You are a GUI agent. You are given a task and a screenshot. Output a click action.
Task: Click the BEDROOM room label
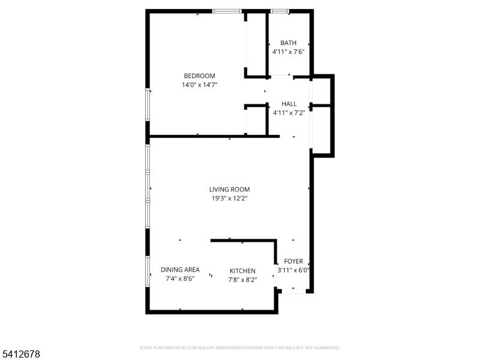click(x=199, y=76)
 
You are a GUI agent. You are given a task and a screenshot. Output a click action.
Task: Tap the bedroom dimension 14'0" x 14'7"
click(x=199, y=85)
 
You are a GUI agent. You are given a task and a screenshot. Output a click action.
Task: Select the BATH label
click(x=289, y=43)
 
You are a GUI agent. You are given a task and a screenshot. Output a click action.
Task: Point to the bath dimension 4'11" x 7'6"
click(x=289, y=52)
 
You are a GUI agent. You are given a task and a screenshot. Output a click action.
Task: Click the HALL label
click(x=289, y=104)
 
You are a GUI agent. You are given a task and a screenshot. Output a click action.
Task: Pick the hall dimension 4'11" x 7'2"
click(x=289, y=113)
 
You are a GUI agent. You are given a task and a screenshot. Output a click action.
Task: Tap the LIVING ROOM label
click(x=229, y=190)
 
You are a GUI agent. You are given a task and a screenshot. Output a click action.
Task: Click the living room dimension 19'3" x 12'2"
click(x=229, y=199)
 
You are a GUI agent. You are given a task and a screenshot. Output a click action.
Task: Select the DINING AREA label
click(x=180, y=270)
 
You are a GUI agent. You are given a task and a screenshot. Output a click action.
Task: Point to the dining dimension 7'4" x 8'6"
click(x=180, y=279)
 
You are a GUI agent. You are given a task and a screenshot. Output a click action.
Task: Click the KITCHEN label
click(x=242, y=271)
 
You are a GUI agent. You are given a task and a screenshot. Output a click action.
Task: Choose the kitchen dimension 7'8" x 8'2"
click(x=242, y=280)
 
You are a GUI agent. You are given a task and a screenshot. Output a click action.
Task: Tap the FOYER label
click(x=293, y=262)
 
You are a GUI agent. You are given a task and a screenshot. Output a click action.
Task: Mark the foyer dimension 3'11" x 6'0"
click(x=293, y=271)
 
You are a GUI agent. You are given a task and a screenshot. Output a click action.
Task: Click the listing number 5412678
click(x=21, y=355)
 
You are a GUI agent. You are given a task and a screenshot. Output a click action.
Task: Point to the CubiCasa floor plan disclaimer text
click(x=240, y=347)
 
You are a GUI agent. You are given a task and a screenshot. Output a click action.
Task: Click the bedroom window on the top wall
click(x=227, y=11)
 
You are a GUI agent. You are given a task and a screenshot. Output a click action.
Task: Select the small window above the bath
click(x=279, y=11)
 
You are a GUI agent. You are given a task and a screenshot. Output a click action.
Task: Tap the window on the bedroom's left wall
click(x=148, y=105)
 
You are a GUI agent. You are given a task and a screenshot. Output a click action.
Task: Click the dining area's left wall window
click(x=148, y=270)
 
